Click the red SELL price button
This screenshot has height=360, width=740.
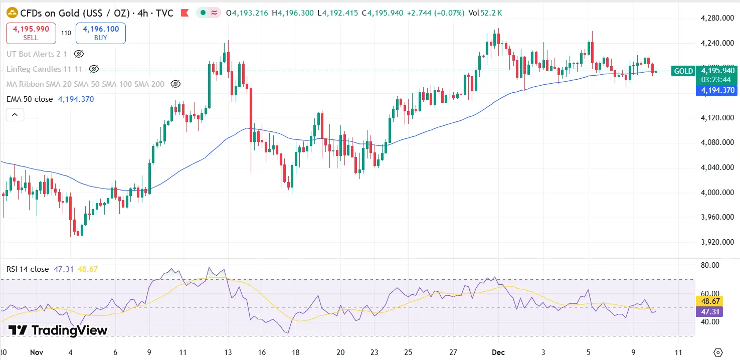tap(31, 33)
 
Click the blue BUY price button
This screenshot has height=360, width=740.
tap(100, 33)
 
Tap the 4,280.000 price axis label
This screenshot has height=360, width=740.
tap(717, 19)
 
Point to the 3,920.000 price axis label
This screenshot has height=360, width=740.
tap(717, 242)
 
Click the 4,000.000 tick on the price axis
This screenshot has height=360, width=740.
tap(717, 193)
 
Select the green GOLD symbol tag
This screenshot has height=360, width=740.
tap(683, 71)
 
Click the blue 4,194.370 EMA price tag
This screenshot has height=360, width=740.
tap(717, 90)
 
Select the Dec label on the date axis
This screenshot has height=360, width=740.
tap(498, 352)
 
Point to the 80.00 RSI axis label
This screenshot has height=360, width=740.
tap(709, 265)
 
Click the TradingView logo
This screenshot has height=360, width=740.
tap(58, 330)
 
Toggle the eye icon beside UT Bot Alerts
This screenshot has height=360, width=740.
tap(79, 54)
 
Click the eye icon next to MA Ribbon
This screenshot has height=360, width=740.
tap(175, 84)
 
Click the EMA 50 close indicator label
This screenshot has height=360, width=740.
tap(29, 99)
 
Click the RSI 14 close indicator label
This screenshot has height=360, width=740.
tap(28, 269)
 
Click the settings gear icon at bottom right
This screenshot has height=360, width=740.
tap(718, 352)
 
